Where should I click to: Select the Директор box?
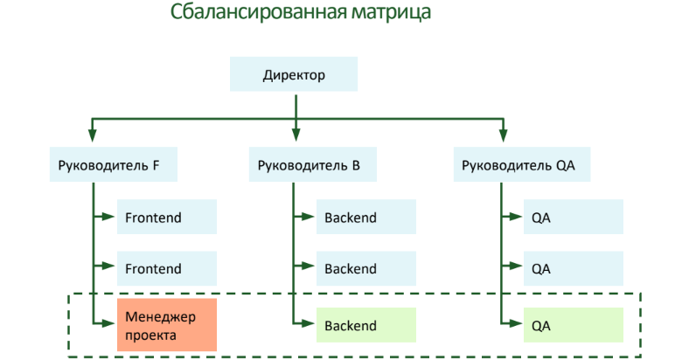pos(294,75)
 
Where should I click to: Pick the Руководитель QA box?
pos(518,165)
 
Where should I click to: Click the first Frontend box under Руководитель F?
pos(166,218)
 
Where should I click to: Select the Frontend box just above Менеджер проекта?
pos(166,269)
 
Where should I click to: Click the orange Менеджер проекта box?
pos(166,325)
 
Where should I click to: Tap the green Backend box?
pos(365,325)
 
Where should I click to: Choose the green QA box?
pos(573,325)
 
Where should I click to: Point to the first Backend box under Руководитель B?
pos(365,218)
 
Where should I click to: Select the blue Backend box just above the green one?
pos(365,269)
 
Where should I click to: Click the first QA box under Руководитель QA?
pos(573,218)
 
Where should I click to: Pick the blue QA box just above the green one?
pos(573,269)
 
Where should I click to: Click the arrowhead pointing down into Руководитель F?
pos(92,135)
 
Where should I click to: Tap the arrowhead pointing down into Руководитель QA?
pos(502,135)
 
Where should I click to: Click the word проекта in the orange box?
pos(151,334)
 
